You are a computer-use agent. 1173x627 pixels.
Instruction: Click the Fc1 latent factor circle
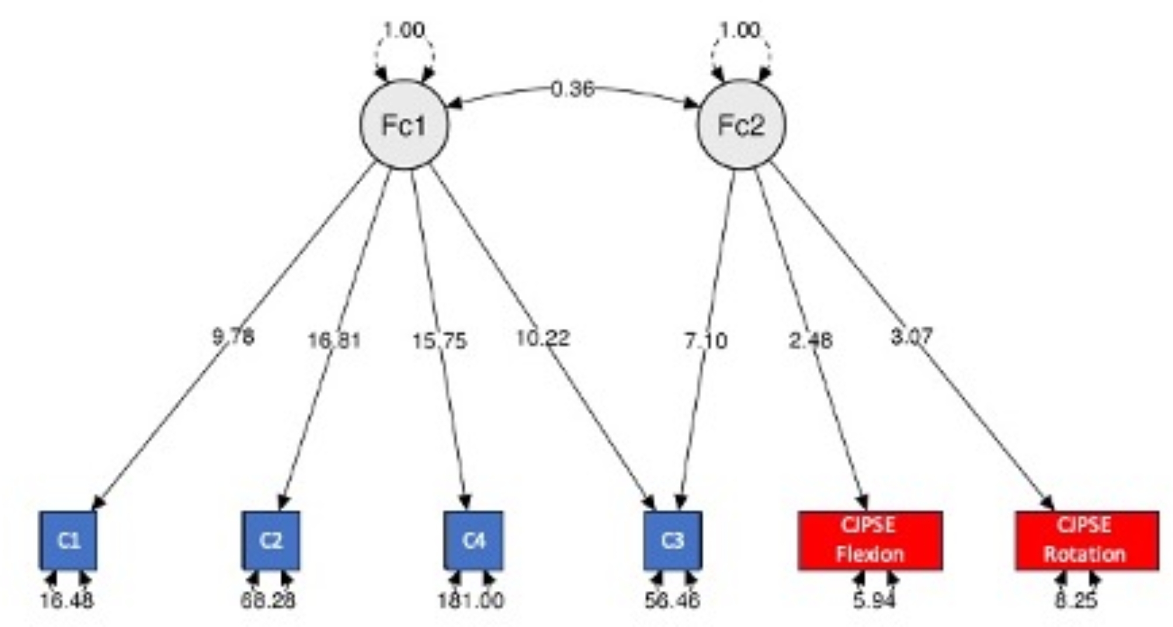pyautogui.click(x=404, y=125)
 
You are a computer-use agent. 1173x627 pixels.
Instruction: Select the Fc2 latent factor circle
pyautogui.click(x=741, y=125)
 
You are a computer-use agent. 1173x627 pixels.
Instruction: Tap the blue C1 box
pyautogui.click(x=68, y=541)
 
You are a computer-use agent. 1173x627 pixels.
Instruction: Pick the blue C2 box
pyautogui.click(x=271, y=541)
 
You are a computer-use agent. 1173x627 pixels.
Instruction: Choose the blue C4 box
pyautogui.click(x=473, y=541)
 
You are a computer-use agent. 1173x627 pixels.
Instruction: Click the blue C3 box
pyautogui.click(x=673, y=541)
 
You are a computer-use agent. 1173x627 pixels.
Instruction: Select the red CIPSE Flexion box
pyautogui.click(x=870, y=541)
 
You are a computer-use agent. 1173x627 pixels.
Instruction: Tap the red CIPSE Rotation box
pyautogui.click(x=1087, y=541)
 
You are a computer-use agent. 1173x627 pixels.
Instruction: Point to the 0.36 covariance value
pyautogui.click(x=572, y=89)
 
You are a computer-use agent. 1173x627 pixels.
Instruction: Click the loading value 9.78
pyautogui.click(x=233, y=337)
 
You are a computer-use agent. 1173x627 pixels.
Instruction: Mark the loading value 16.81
pyautogui.click(x=334, y=340)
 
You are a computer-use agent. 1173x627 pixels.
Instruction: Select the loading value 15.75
pyautogui.click(x=439, y=340)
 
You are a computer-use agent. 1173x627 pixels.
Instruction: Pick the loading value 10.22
pyautogui.click(x=543, y=338)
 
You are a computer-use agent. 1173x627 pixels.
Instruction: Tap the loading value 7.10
pyautogui.click(x=706, y=340)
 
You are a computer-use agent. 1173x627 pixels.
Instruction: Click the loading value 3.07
pyautogui.click(x=911, y=336)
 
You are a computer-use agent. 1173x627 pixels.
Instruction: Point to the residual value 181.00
pyautogui.click(x=471, y=600)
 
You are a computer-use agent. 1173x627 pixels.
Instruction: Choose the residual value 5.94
pyautogui.click(x=874, y=600)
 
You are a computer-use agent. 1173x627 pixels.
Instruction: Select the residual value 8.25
pyautogui.click(x=1076, y=600)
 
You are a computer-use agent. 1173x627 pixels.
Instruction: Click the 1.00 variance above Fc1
pyautogui.click(x=404, y=30)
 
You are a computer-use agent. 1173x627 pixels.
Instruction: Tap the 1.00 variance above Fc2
pyautogui.click(x=740, y=30)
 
